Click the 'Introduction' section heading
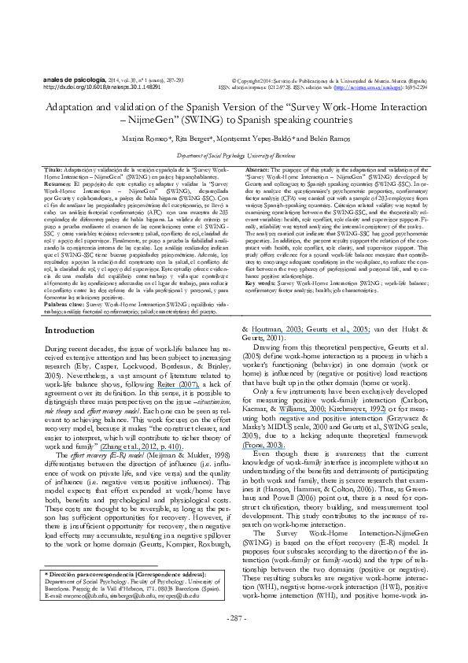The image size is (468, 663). click(x=69, y=352)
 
